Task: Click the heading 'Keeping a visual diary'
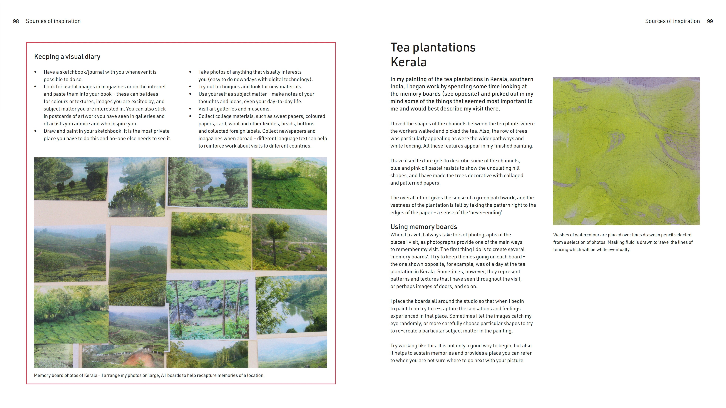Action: click(x=67, y=57)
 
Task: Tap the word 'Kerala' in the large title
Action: click(x=408, y=62)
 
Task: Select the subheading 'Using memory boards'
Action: click(x=424, y=227)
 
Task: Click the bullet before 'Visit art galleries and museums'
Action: click(x=190, y=109)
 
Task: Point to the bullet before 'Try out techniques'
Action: click(x=190, y=87)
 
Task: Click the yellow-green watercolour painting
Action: click(x=626, y=151)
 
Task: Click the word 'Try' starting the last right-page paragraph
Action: click(x=395, y=346)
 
